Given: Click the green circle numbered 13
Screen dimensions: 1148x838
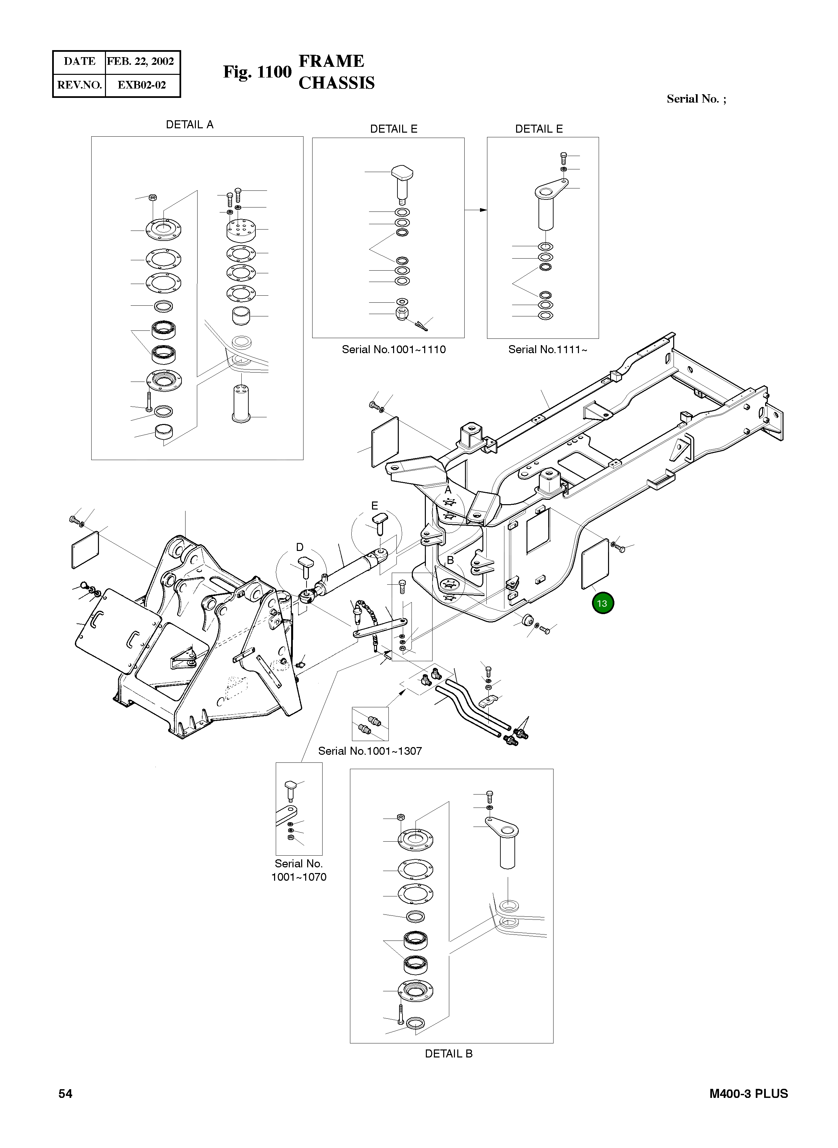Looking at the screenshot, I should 602,603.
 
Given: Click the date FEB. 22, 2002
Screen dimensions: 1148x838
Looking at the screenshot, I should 140,61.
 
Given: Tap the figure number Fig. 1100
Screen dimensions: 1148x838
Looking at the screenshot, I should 257,72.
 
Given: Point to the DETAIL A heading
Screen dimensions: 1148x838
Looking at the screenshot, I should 190,125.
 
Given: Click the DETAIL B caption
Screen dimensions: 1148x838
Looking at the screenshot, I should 449,1054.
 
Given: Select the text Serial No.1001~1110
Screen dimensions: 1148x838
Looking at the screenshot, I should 394,349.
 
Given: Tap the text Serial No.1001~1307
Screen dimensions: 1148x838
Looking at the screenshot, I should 370,751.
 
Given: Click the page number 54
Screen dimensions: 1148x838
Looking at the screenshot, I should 66,1094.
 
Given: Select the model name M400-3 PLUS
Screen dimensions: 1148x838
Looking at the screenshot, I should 748,1094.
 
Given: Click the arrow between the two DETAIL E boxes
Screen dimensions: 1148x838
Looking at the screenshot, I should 476,210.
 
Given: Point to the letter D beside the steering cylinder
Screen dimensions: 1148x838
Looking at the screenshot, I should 300,547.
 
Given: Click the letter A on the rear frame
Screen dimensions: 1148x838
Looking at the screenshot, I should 448,490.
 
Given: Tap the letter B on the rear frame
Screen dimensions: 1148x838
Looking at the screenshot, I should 450,560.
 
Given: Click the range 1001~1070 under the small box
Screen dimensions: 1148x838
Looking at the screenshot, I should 299,877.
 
